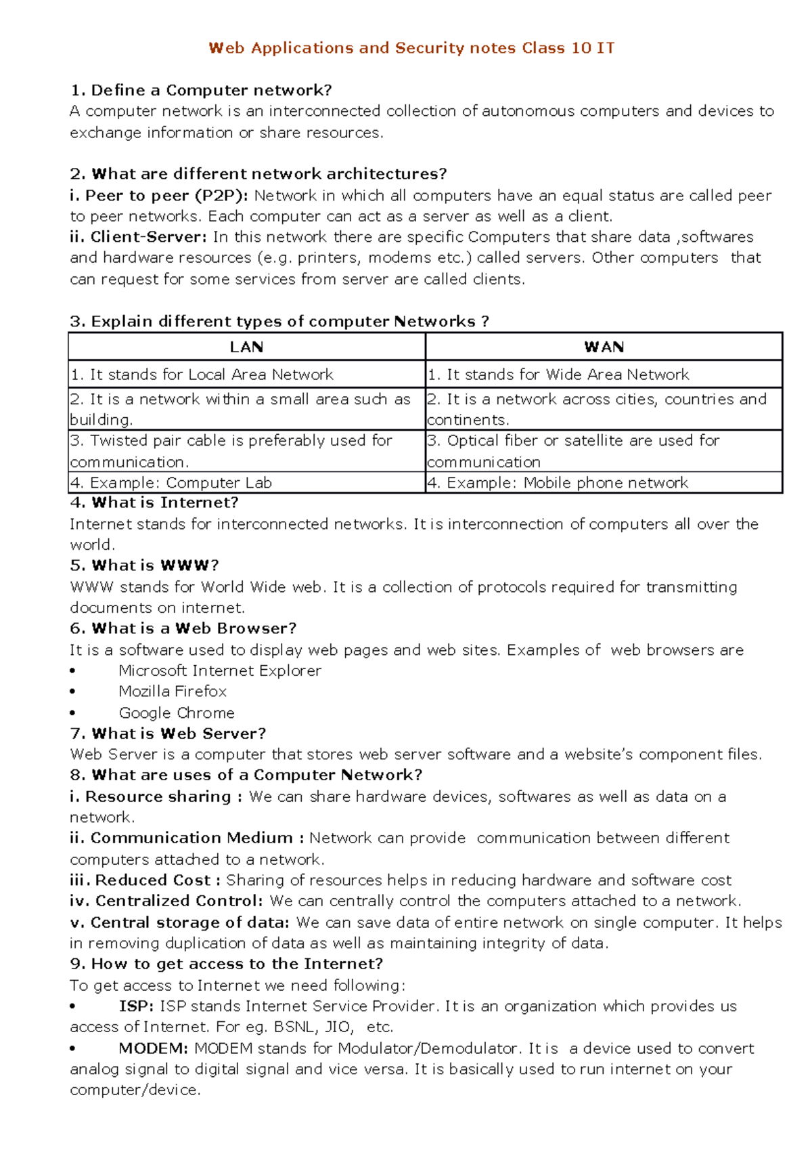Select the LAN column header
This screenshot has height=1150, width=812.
pyautogui.click(x=246, y=347)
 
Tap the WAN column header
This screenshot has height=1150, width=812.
pyautogui.click(x=604, y=347)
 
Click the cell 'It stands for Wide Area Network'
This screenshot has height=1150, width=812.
pyautogui.click(x=567, y=375)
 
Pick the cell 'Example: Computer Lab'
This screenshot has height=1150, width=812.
pyautogui.click(x=181, y=483)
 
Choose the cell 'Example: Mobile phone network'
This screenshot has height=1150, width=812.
pyautogui.click(x=567, y=483)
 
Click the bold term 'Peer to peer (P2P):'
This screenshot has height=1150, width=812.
pyautogui.click(x=166, y=196)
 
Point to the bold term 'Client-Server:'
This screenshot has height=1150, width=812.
pyautogui.click(x=148, y=237)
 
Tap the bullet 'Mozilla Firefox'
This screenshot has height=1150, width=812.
pyautogui.click(x=173, y=691)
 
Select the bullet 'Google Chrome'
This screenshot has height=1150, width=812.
pyautogui.click(x=177, y=713)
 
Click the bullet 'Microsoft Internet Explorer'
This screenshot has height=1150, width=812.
pyautogui.click(x=220, y=670)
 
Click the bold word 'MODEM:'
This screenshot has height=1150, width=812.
pyautogui.click(x=153, y=1048)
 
